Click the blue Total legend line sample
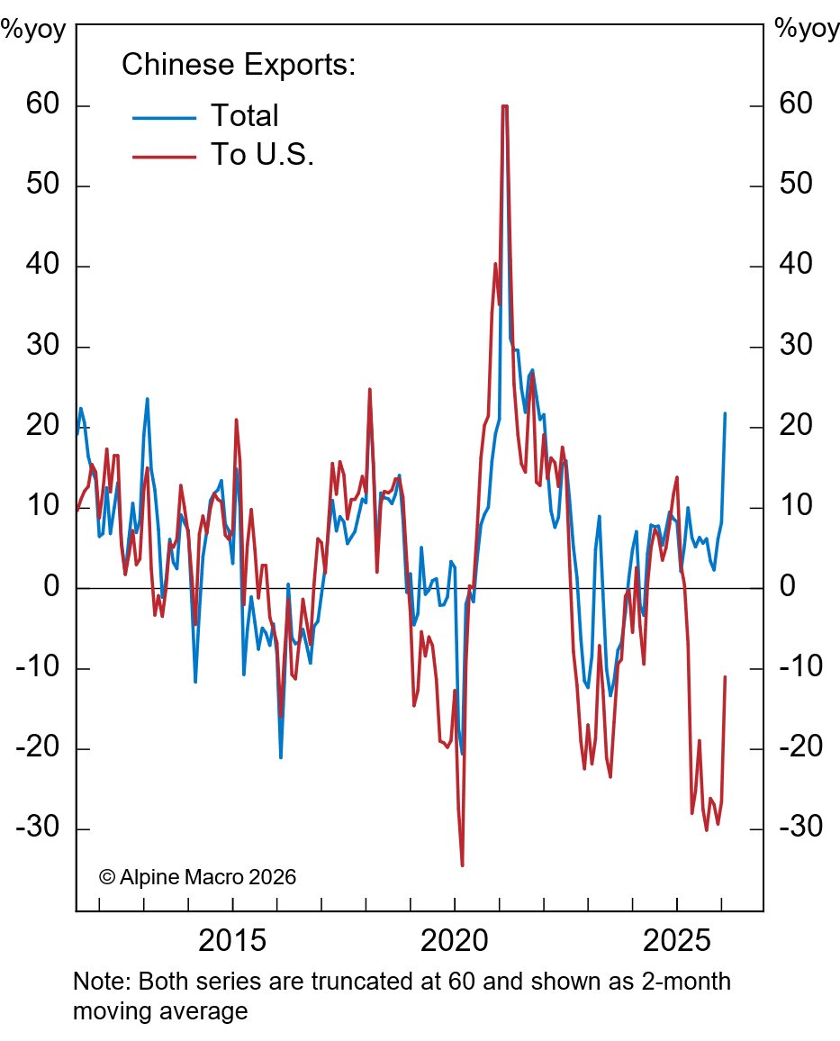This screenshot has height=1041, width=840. [x=164, y=116]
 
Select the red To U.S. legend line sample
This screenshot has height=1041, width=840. [x=164, y=156]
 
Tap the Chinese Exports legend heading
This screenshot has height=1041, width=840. [x=239, y=65]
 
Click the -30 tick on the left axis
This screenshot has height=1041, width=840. [x=35, y=828]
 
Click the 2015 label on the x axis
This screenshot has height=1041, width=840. [x=232, y=943]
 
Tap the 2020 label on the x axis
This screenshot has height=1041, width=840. [x=455, y=943]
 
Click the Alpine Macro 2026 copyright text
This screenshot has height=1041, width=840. [x=197, y=876]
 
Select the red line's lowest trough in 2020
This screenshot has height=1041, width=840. [x=462, y=865]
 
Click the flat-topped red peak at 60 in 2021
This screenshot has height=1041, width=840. [x=504, y=106]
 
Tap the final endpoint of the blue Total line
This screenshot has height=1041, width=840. [x=725, y=413]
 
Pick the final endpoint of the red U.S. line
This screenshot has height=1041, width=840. [x=725, y=676]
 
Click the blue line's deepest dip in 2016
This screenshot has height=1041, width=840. [x=281, y=757]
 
